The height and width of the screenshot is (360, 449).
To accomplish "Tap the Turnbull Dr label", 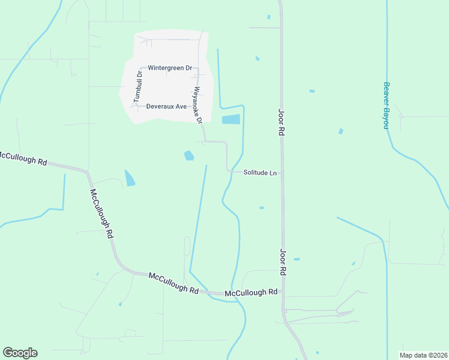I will pos(137,86).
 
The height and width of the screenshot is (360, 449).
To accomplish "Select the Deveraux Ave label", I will pos(167,106).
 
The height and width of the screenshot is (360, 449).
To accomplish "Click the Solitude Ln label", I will pos(260,173).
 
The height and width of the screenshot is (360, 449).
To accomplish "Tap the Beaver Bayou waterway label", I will pos(387,106).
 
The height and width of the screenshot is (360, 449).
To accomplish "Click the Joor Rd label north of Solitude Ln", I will pos(280,122).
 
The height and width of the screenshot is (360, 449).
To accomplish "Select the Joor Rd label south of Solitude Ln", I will pos(282,262).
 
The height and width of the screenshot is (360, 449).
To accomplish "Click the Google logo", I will pos(20,353).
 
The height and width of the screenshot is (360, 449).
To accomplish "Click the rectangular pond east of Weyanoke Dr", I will pos(231,119).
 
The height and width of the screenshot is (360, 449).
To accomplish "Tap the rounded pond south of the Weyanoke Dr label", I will pos(189,155).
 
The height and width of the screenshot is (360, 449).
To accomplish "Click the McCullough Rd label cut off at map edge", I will pos(23,158).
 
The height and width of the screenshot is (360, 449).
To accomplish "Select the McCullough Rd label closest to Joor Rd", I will pos(251,293).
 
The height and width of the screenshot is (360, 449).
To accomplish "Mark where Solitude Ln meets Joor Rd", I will pos(282,173).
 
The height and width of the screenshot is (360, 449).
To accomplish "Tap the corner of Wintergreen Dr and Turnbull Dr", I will pos(140,68).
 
